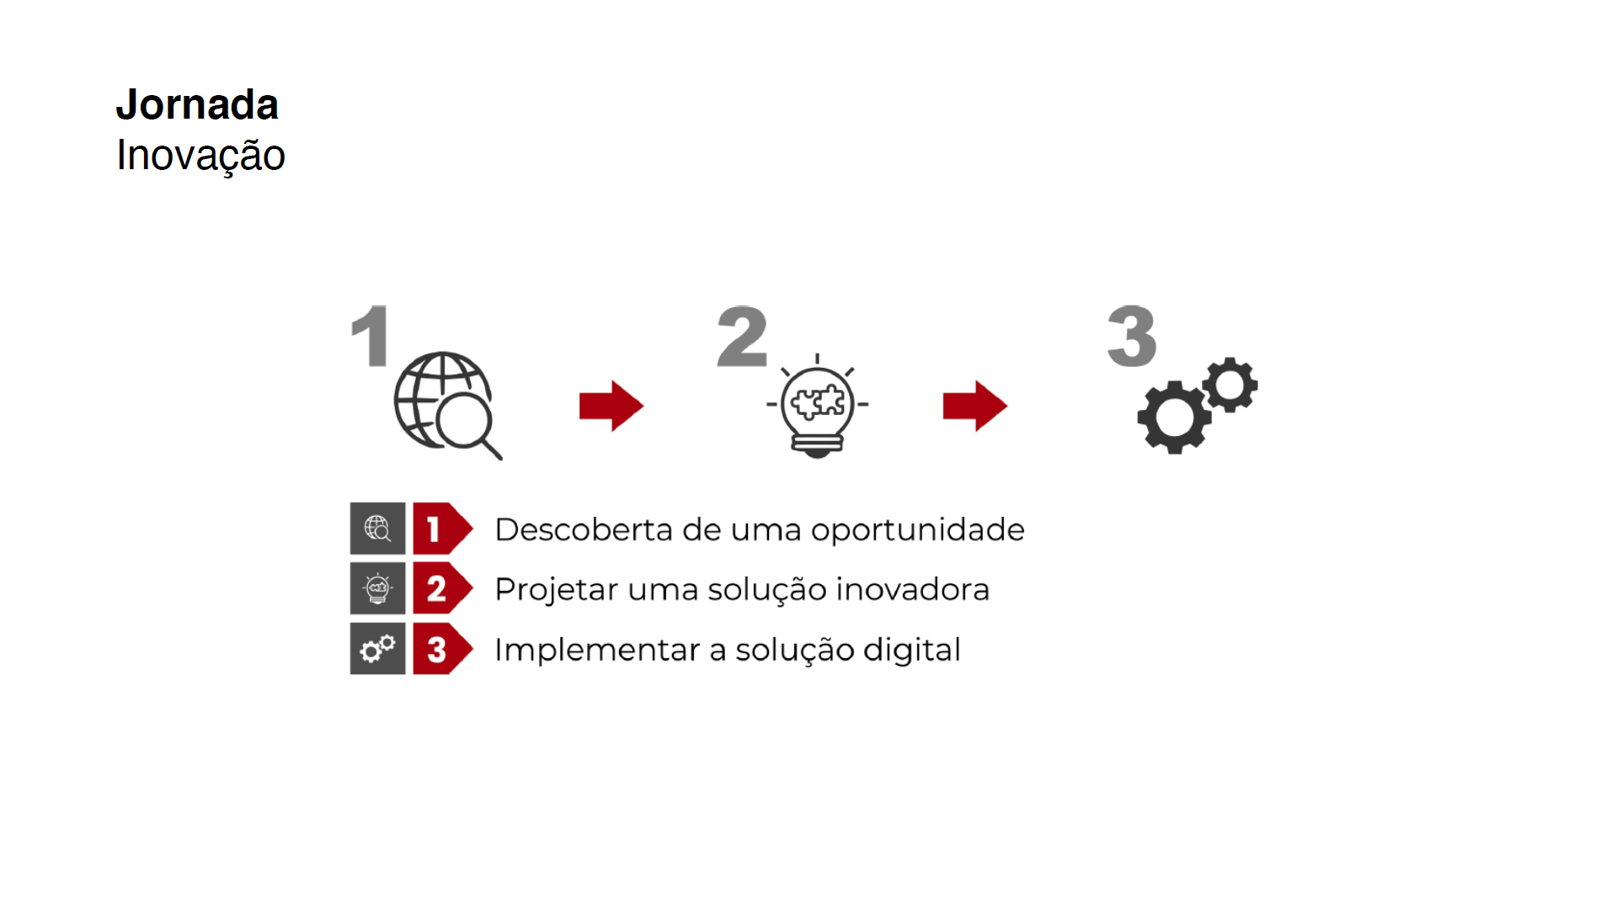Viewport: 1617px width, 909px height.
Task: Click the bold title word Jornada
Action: [197, 105]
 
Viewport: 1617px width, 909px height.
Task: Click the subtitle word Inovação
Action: [200, 156]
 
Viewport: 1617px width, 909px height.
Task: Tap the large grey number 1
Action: [370, 337]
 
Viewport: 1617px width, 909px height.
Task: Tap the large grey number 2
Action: [742, 337]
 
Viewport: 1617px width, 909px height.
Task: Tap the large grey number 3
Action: [1132, 337]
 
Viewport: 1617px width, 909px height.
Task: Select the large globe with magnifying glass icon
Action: [446, 404]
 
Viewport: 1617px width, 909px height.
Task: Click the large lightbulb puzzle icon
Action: [817, 406]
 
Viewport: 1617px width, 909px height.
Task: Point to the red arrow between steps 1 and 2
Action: [611, 406]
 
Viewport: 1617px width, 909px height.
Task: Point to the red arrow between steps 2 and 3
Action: [975, 406]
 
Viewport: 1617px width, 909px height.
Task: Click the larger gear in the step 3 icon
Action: [1174, 417]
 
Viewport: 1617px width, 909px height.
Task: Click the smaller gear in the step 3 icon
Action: [1230, 385]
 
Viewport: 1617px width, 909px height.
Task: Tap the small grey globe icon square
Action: [377, 529]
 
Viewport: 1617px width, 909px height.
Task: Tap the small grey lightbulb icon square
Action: [377, 588]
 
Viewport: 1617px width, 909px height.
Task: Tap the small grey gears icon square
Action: [377, 649]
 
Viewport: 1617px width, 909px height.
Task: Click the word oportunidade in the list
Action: [917, 530]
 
